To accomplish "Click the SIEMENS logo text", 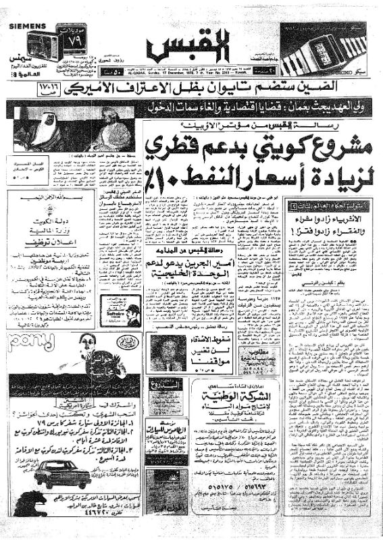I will tap(27, 24).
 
